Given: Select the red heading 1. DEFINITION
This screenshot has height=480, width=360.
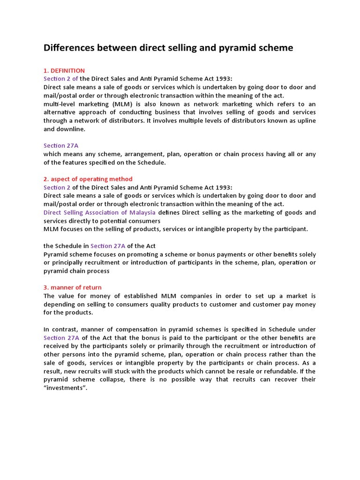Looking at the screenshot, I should pyautogui.click(x=64, y=70).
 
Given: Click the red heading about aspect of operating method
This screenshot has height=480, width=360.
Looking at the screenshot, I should pyautogui.click(x=88, y=179).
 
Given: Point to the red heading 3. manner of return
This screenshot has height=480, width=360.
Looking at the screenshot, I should pyautogui.click(x=73, y=287).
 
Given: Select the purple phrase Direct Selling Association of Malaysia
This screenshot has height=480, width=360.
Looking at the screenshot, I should pyautogui.click(x=99, y=212).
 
